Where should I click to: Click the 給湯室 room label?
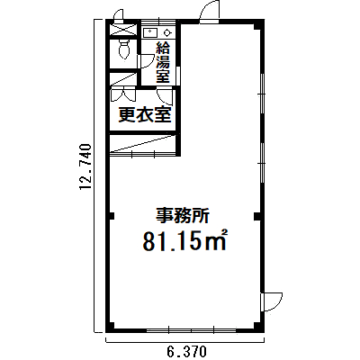[x=163, y=63]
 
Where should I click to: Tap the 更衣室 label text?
[x=145, y=114]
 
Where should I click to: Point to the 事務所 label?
[x=182, y=215]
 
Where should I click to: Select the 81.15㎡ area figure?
[x=184, y=240]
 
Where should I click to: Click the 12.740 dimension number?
[x=85, y=167]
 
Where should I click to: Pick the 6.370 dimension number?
[x=185, y=350]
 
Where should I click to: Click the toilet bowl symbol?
[x=124, y=49]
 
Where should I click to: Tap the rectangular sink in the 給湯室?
[x=149, y=31]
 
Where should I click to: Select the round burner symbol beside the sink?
[x=166, y=31]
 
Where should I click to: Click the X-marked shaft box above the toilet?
[x=124, y=31]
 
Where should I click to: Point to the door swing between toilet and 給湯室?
[x=144, y=61]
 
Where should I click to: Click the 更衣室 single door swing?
[x=165, y=96]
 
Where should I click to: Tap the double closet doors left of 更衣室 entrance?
[x=123, y=94]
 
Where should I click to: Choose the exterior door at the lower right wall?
[x=272, y=302]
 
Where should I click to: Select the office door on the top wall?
[x=210, y=13]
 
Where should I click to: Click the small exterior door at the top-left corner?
[x=119, y=16]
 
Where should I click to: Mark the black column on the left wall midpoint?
[x=112, y=216]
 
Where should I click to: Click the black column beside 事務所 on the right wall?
[x=257, y=216]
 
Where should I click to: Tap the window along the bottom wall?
[x=192, y=331]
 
